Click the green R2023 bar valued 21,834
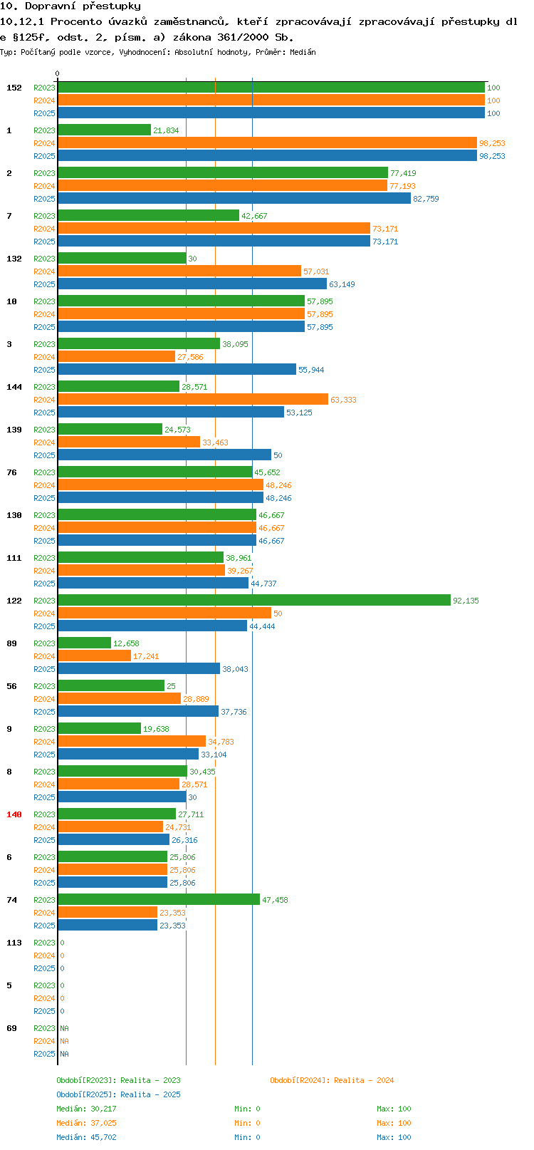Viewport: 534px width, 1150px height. (x=104, y=130)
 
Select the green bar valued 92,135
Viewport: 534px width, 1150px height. (x=254, y=601)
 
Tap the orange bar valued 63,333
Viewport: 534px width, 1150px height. (x=193, y=400)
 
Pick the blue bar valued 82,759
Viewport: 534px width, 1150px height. (x=234, y=199)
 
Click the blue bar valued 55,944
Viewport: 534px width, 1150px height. (x=177, y=370)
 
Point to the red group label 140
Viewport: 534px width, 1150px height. (x=14, y=814)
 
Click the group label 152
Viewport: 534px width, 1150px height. (x=14, y=88)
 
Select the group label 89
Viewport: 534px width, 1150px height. (x=11, y=643)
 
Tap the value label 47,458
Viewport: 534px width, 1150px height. (x=275, y=900)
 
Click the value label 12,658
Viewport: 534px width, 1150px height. (x=126, y=643)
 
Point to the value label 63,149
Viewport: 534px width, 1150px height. (x=342, y=284)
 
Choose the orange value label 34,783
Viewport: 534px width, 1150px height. (x=221, y=742)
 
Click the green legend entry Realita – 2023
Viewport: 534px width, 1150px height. (x=118, y=1080)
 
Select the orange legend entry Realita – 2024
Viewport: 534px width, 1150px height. (x=332, y=1080)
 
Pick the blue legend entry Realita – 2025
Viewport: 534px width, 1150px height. (x=118, y=1094)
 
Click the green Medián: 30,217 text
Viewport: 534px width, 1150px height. (x=86, y=1109)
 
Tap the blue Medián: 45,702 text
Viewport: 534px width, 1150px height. (x=86, y=1137)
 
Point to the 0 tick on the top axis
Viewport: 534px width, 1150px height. (x=58, y=73)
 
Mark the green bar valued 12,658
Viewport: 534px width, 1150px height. (x=84, y=643)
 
